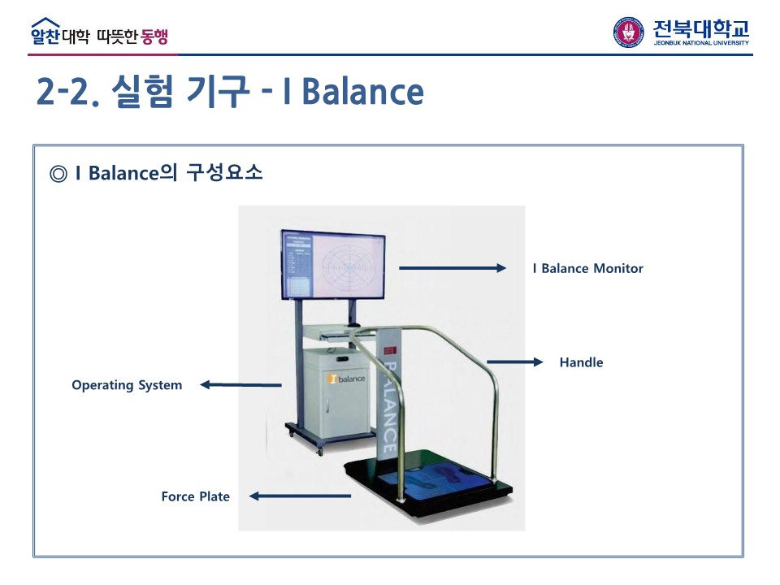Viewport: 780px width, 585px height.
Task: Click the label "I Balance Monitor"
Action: coord(587,268)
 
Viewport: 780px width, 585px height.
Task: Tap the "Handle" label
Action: coord(581,362)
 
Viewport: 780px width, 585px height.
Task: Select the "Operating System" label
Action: coord(127,385)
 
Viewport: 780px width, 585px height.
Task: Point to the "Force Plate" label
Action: coord(195,496)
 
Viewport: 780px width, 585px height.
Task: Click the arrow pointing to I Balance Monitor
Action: coord(452,268)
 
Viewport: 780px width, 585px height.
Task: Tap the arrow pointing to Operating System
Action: coord(240,385)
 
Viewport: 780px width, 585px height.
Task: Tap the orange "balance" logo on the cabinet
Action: coord(347,379)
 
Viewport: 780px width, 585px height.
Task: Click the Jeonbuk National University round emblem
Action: coord(629,32)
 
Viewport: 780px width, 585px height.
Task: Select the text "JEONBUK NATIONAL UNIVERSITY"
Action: coord(701,42)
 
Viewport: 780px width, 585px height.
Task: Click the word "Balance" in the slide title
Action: coord(362,92)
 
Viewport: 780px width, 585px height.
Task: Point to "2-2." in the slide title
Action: coord(68,92)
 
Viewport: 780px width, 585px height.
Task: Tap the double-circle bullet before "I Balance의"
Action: coord(58,175)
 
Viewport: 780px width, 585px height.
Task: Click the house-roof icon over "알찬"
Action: coord(45,24)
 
